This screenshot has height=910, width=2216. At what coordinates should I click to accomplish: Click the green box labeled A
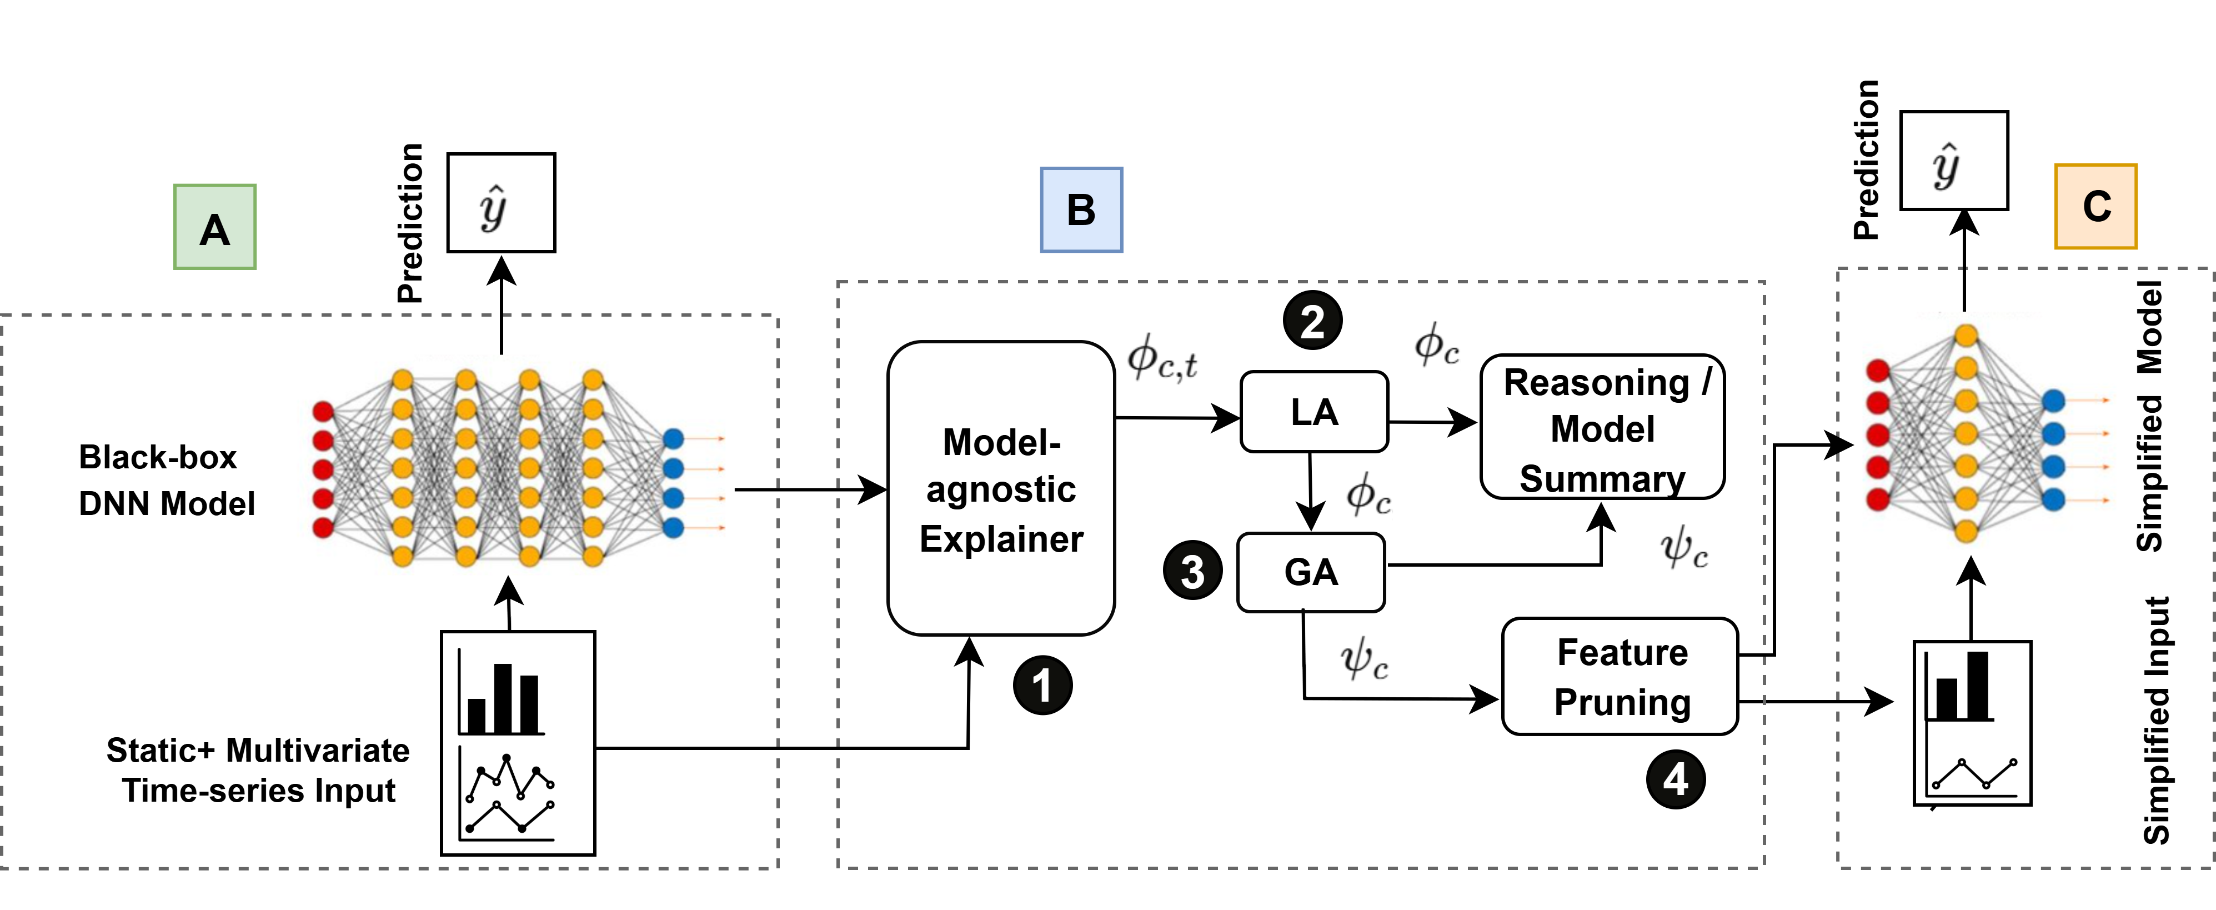pyautogui.click(x=214, y=227)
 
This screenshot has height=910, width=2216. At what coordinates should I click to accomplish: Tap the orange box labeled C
pyautogui.click(x=2095, y=207)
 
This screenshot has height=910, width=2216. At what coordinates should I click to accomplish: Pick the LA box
pyautogui.click(x=1313, y=412)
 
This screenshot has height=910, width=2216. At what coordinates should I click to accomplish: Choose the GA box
pyautogui.click(x=1310, y=572)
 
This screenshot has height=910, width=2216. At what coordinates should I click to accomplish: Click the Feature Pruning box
pyautogui.click(x=1621, y=676)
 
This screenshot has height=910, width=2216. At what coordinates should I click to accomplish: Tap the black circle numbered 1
pyautogui.click(x=1042, y=686)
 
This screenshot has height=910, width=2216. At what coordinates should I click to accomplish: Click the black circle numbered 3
pyautogui.click(x=1192, y=571)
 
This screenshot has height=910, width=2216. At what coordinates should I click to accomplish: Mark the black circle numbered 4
pyautogui.click(x=1675, y=779)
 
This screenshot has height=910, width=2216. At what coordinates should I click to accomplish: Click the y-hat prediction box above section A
pyautogui.click(x=500, y=203)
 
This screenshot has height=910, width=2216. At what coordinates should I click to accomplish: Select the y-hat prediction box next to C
pyautogui.click(x=1954, y=161)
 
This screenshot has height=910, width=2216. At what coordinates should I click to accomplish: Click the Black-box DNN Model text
pyautogui.click(x=166, y=480)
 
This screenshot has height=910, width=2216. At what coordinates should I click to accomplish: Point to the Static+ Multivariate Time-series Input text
pyautogui.click(x=258, y=770)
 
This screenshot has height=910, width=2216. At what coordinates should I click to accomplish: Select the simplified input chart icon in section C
pyautogui.click(x=1972, y=722)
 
